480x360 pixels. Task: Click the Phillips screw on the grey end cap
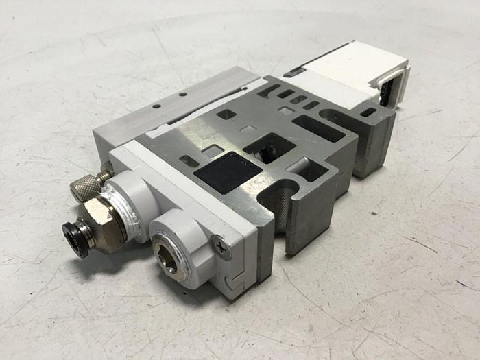click(219, 245)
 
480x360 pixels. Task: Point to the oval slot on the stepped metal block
click(368, 112)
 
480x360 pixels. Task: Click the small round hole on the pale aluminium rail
click(157, 107)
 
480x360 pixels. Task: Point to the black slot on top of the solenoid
click(293, 71)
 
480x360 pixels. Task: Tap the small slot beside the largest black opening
click(189, 162)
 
